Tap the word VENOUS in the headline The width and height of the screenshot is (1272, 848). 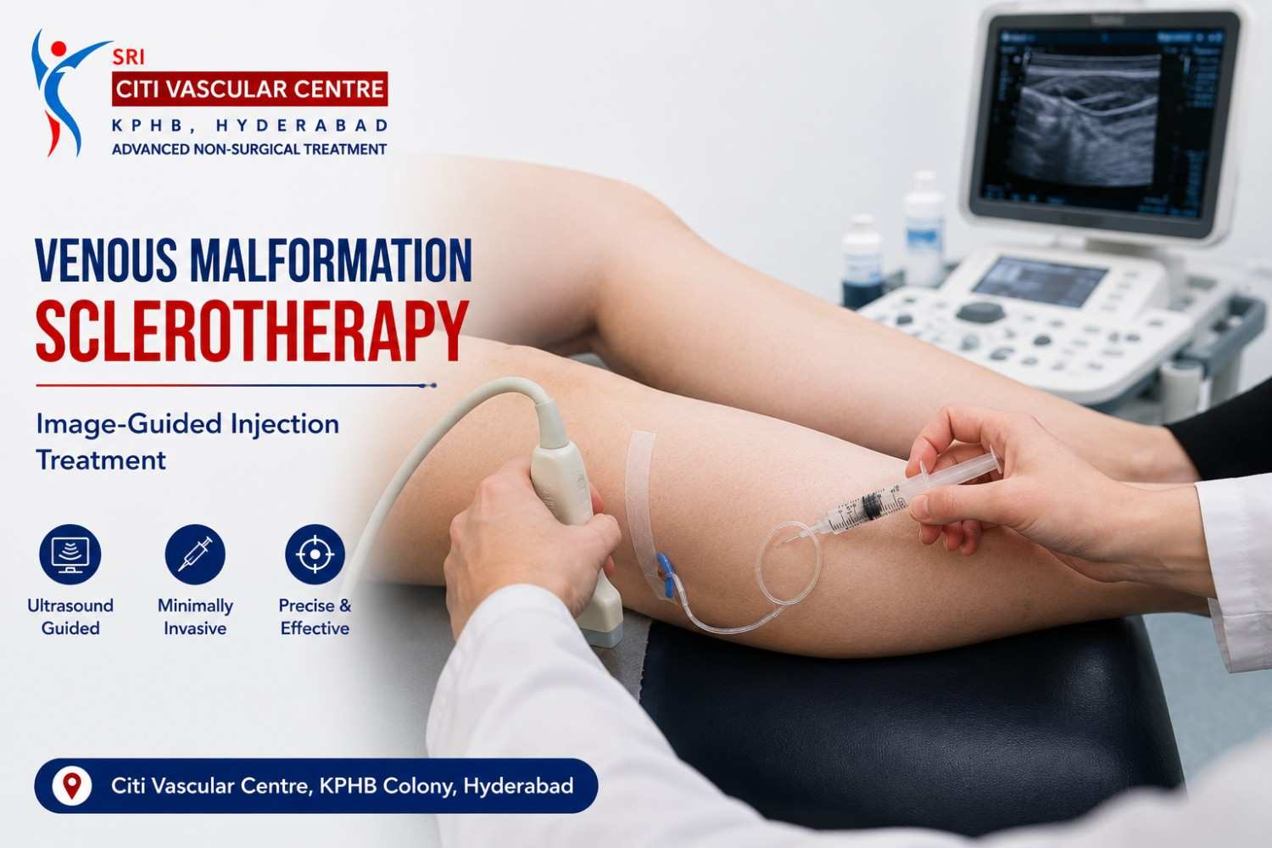[x=106, y=260]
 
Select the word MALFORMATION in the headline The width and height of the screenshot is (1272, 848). [x=331, y=260]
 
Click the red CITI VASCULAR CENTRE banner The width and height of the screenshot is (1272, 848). [x=250, y=88]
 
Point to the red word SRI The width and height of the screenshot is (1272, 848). [x=128, y=57]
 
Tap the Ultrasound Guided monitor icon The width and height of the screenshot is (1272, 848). [x=70, y=555]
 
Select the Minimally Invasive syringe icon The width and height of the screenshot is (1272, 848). [x=195, y=555]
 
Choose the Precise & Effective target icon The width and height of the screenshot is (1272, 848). [x=315, y=555]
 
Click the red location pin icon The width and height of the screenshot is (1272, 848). [x=71, y=785]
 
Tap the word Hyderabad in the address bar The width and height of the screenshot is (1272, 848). [x=518, y=786]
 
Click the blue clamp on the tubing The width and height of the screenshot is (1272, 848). [x=665, y=574]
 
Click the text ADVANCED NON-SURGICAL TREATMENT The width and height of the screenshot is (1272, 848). [x=249, y=149]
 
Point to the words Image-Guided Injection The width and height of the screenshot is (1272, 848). [x=187, y=425]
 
